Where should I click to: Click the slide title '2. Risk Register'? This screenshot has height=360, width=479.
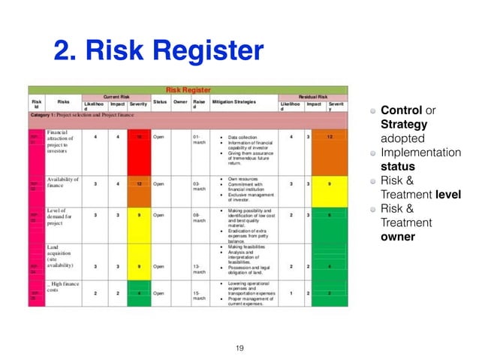(158, 51)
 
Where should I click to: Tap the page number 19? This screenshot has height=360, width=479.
(240, 347)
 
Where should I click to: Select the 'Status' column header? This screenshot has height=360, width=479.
(160, 101)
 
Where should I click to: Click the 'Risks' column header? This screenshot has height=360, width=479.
(63, 101)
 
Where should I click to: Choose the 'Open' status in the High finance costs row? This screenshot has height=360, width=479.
(158, 293)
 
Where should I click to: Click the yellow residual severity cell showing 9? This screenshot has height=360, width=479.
(334, 184)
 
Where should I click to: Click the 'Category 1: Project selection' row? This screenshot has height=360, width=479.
(90, 115)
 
